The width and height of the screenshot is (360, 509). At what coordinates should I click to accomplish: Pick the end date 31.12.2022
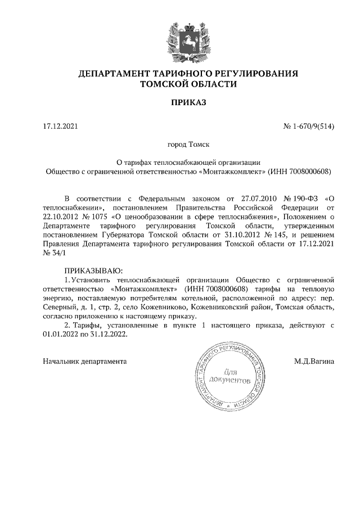click(x=109, y=334)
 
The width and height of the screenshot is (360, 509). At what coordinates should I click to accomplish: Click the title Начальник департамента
click(x=85, y=361)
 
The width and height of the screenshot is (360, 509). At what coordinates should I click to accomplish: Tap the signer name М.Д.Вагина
click(x=314, y=361)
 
